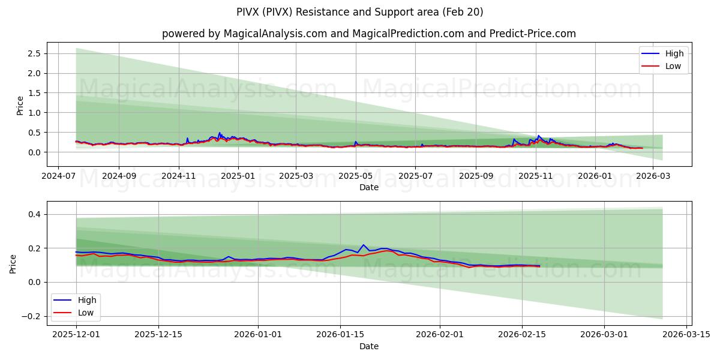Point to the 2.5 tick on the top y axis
click(x=34, y=53)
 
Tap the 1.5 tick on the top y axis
click(x=34, y=93)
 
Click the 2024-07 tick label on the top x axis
click(x=58, y=176)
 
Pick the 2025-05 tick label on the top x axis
click(x=356, y=176)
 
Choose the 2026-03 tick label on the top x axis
click(x=653, y=176)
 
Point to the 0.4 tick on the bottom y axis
click(x=34, y=214)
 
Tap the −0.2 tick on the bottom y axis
click(x=31, y=316)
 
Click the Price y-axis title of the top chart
click(x=20, y=105)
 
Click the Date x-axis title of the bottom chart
click(x=368, y=346)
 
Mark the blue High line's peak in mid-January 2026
click(x=363, y=245)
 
